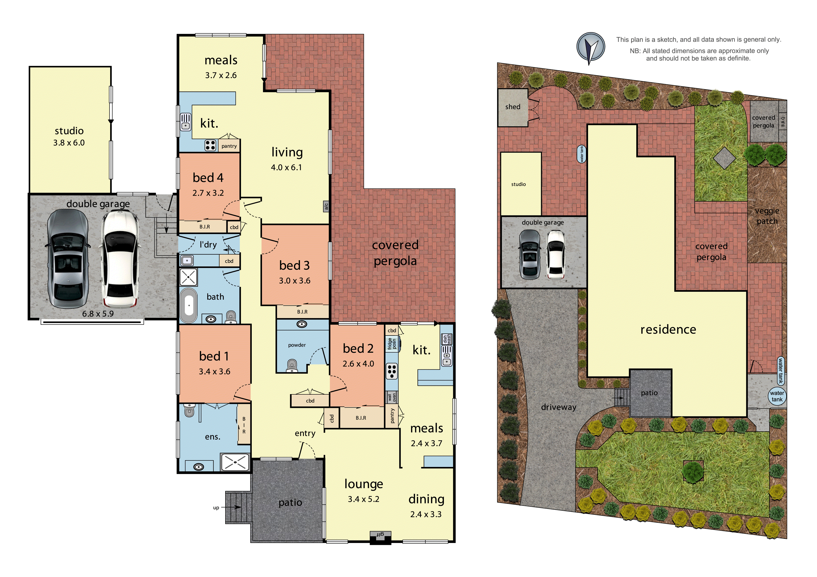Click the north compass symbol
coord(590,48)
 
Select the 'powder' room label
coord(297,345)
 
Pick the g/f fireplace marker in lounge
coord(380,534)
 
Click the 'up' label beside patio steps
coord(216,508)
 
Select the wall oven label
coord(392,397)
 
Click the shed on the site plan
coord(512,107)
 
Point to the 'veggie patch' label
coord(767,216)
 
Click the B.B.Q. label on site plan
coord(783,121)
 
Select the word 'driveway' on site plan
coord(558,407)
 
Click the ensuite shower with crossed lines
coord(235,462)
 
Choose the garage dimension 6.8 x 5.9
coord(98,314)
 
